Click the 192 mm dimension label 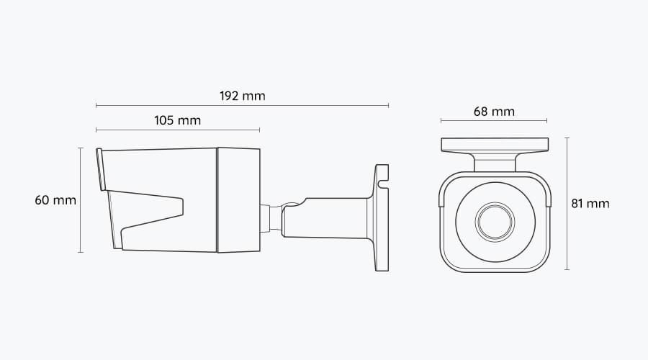point(242,96)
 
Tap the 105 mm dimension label point(177,120)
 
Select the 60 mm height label point(55,200)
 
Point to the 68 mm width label point(494,112)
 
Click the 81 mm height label point(590,204)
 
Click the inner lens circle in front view point(494,221)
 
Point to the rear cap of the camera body point(238,200)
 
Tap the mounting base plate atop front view point(494,145)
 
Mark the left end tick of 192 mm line point(96,106)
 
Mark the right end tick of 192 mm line point(389,106)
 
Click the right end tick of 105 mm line point(260,130)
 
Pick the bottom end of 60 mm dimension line point(80,252)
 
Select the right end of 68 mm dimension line point(547,121)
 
